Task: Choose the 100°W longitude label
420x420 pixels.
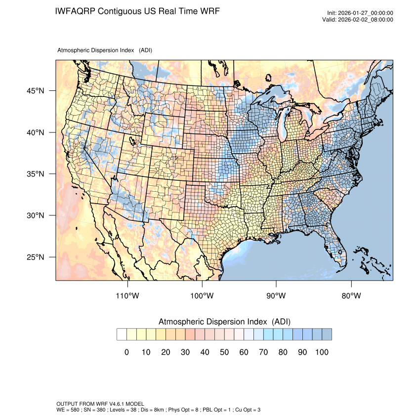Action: (202, 296)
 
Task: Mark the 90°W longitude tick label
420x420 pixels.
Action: (277, 296)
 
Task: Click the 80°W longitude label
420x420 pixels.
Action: (351, 296)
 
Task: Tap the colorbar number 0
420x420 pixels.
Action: (126, 352)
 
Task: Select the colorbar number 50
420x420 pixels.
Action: (224, 352)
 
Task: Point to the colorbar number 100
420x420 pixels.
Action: (322, 352)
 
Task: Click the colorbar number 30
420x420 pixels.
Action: (185, 352)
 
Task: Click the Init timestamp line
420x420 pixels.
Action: (360, 13)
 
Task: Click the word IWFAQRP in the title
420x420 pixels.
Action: (75, 11)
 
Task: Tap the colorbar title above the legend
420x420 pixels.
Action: (224, 322)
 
